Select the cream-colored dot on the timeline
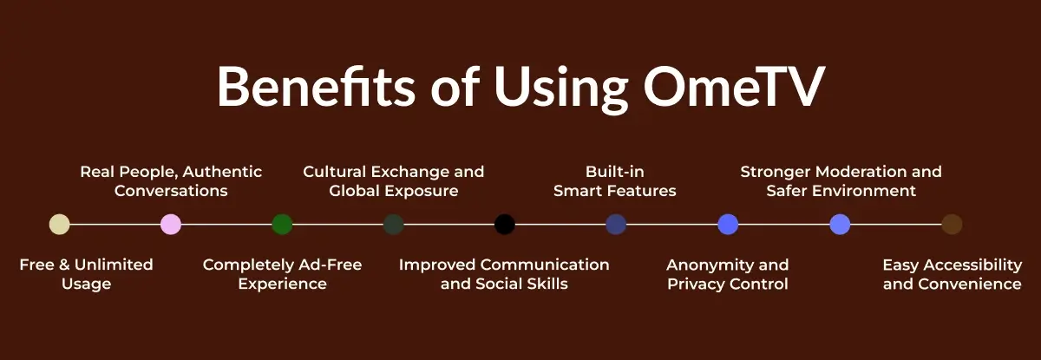point(60,225)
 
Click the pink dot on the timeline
point(171,225)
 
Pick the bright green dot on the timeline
point(282,225)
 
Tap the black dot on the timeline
point(505,225)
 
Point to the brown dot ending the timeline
point(952,225)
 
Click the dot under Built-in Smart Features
point(616,225)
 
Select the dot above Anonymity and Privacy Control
point(728,225)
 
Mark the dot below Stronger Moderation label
point(840,225)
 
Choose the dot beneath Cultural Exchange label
point(394,225)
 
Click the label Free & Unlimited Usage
point(86,274)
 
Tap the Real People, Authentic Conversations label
point(171,180)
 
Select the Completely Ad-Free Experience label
point(282,274)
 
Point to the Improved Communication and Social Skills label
point(504,274)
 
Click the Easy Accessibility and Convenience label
point(952,274)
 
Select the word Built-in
point(615,172)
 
